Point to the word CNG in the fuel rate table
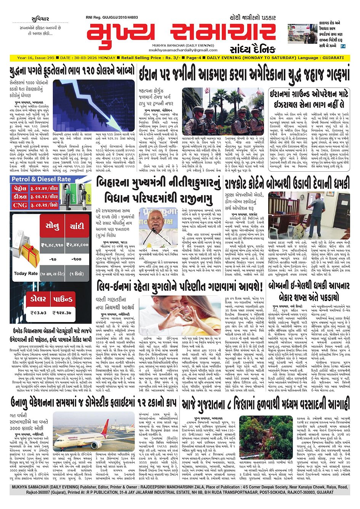tap(20, 205)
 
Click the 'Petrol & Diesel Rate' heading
tap(41, 179)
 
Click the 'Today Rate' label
tap(26, 273)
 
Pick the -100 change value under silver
tap(77, 259)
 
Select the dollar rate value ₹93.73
tap(38, 313)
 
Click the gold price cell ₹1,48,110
tap(52, 245)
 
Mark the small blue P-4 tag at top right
tap(342, 46)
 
